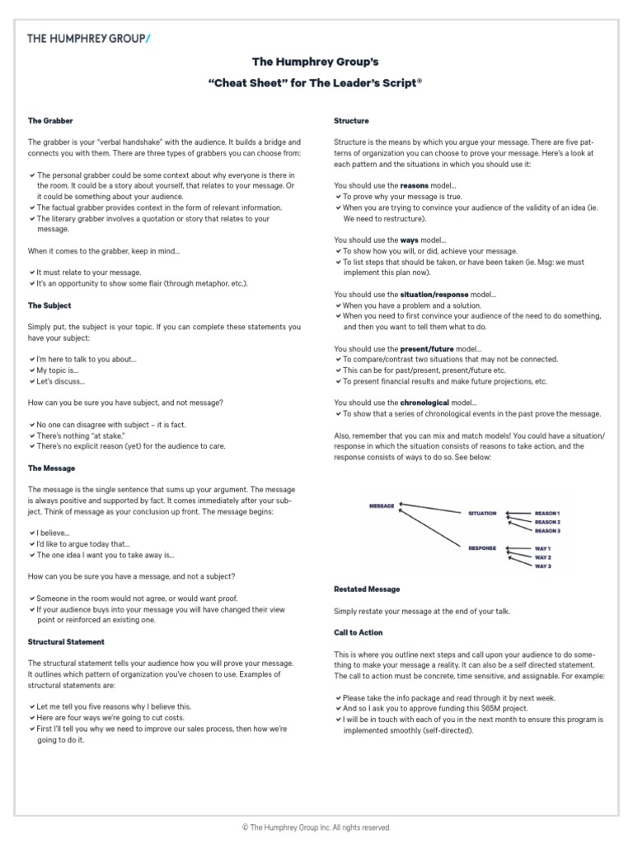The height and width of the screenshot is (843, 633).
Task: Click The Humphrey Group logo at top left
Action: coord(89,38)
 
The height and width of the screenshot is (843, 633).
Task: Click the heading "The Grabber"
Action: coord(50,121)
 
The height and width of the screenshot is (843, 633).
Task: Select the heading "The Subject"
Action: coord(49,305)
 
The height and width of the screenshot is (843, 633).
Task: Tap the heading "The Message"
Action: coord(51,468)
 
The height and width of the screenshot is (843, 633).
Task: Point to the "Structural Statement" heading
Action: coord(66,641)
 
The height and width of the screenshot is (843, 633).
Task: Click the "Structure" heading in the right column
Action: coord(351,121)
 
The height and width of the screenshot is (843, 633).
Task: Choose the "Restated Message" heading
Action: coord(367,589)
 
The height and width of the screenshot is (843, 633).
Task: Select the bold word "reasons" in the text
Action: coord(414,186)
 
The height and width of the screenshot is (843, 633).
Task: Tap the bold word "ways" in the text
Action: coord(410,240)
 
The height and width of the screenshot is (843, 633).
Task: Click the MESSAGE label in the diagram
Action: coord(382,506)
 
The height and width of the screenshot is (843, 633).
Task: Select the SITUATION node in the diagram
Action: coord(482,514)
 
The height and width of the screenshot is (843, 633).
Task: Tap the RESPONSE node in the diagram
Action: coord(482,548)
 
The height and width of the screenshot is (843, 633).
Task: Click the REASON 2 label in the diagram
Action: coord(547,522)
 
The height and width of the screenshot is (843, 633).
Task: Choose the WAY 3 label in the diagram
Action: coord(543,566)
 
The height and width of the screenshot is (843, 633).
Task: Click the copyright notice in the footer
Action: coord(316,827)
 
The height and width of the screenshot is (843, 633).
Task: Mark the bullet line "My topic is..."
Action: coord(59,370)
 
